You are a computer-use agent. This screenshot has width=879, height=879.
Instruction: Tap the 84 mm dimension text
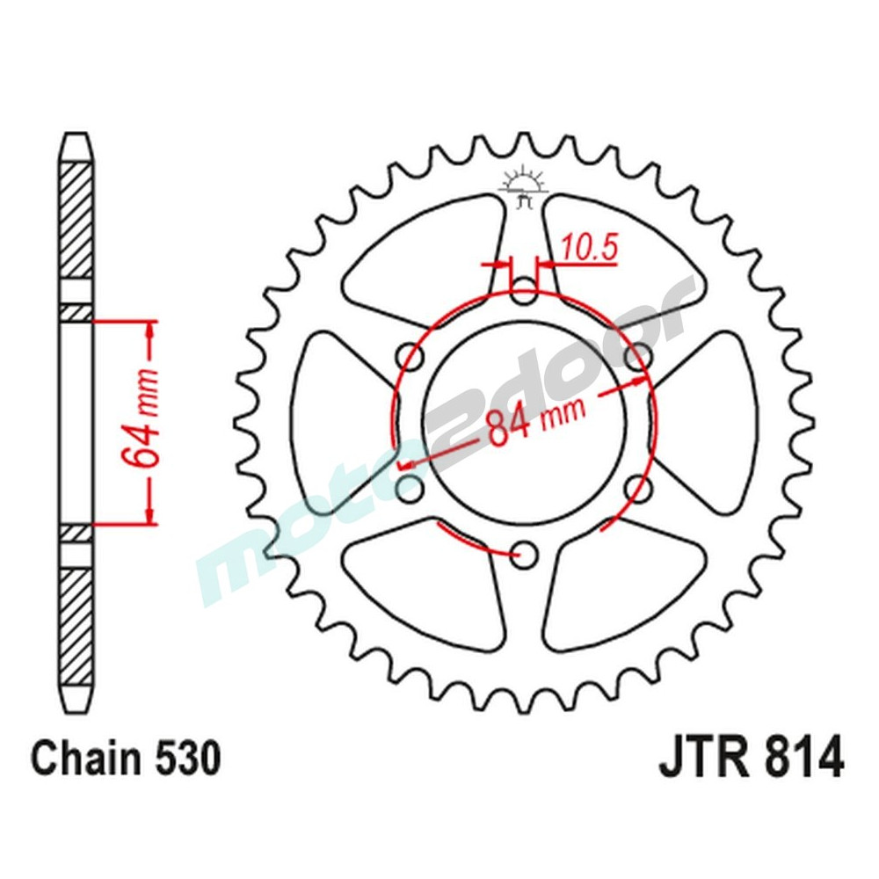point(527,418)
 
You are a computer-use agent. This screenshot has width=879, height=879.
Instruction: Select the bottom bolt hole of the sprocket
point(525,553)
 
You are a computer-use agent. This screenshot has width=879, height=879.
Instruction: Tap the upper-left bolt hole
point(410,357)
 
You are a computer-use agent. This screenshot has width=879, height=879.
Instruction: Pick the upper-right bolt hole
point(638,357)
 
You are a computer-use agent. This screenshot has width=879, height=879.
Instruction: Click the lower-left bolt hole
point(410,487)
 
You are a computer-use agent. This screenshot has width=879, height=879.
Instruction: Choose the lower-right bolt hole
point(638,487)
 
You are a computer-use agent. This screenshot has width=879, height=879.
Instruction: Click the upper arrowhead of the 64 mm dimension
point(151,331)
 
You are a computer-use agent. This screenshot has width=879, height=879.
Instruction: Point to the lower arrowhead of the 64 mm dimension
point(151,513)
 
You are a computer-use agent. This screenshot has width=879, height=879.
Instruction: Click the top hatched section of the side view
point(76,220)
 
